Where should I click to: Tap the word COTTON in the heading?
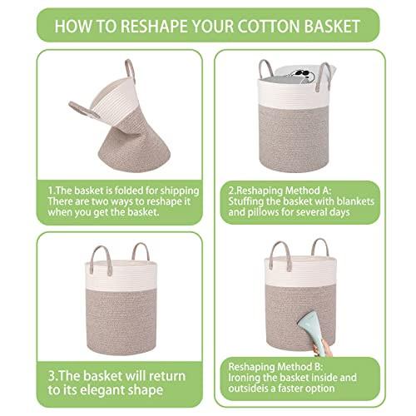pyautogui.click(x=268, y=26)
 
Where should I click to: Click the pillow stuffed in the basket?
pyautogui.click(x=302, y=74)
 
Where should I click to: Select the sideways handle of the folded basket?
pyautogui.click(x=83, y=110)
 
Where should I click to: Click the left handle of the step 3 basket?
pyautogui.click(x=102, y=260)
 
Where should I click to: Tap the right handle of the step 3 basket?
pyautogui.click(x=141, y=251)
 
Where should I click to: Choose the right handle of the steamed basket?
pyautogui.click(x=319, y=246)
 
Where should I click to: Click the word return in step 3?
pyautogui.click(x=166, y=376)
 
